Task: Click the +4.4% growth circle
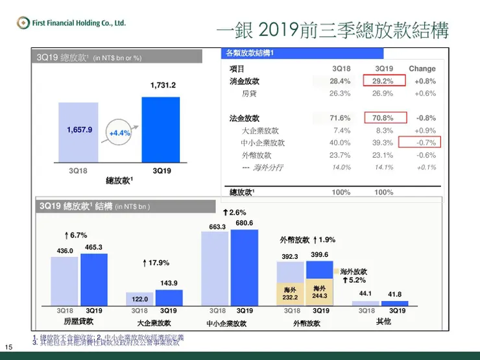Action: (119, 132)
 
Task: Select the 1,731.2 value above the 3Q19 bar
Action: (163, 85)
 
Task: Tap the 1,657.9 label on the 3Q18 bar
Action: (79, 130)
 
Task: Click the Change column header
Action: (422, 69)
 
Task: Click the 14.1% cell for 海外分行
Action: (383, 167)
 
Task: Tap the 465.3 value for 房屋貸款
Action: (93, 247)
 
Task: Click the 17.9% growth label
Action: (156, 263)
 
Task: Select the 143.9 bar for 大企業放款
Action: (169, 298)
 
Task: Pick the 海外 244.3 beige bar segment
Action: (318, 293)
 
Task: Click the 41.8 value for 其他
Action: (394, 294)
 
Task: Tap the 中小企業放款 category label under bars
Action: (229, 322)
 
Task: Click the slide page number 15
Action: (8, 345)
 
